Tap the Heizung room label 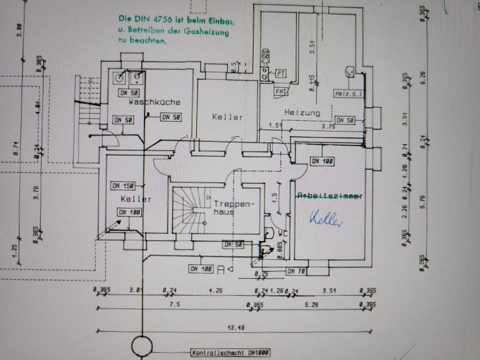click(x=302, y=112)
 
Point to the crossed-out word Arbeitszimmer click(x=329, y=196)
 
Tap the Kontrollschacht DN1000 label click(x=230, y=352)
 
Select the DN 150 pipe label click(x=121, y=186)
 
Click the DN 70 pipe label click(x=295, y=271)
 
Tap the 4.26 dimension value click(x=216, y=289)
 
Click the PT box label click(x=280, y=73)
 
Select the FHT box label click(x=280, y=92)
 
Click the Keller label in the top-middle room click(x=227, y=117)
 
